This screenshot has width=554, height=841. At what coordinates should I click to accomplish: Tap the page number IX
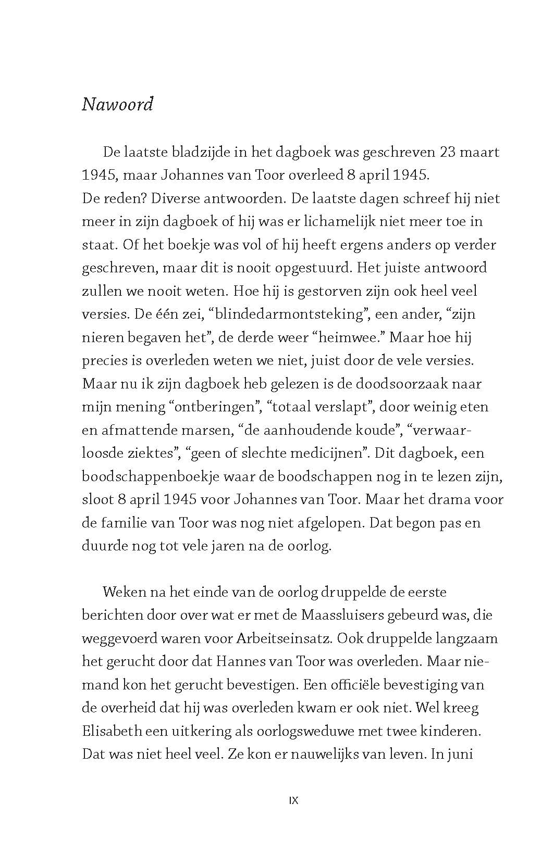tap(293, 800)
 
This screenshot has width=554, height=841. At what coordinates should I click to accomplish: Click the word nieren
tap(102, 337)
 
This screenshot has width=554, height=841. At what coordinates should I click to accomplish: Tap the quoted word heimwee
tap(349, 337)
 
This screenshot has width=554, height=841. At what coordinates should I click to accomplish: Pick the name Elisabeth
tap(112, 731)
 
